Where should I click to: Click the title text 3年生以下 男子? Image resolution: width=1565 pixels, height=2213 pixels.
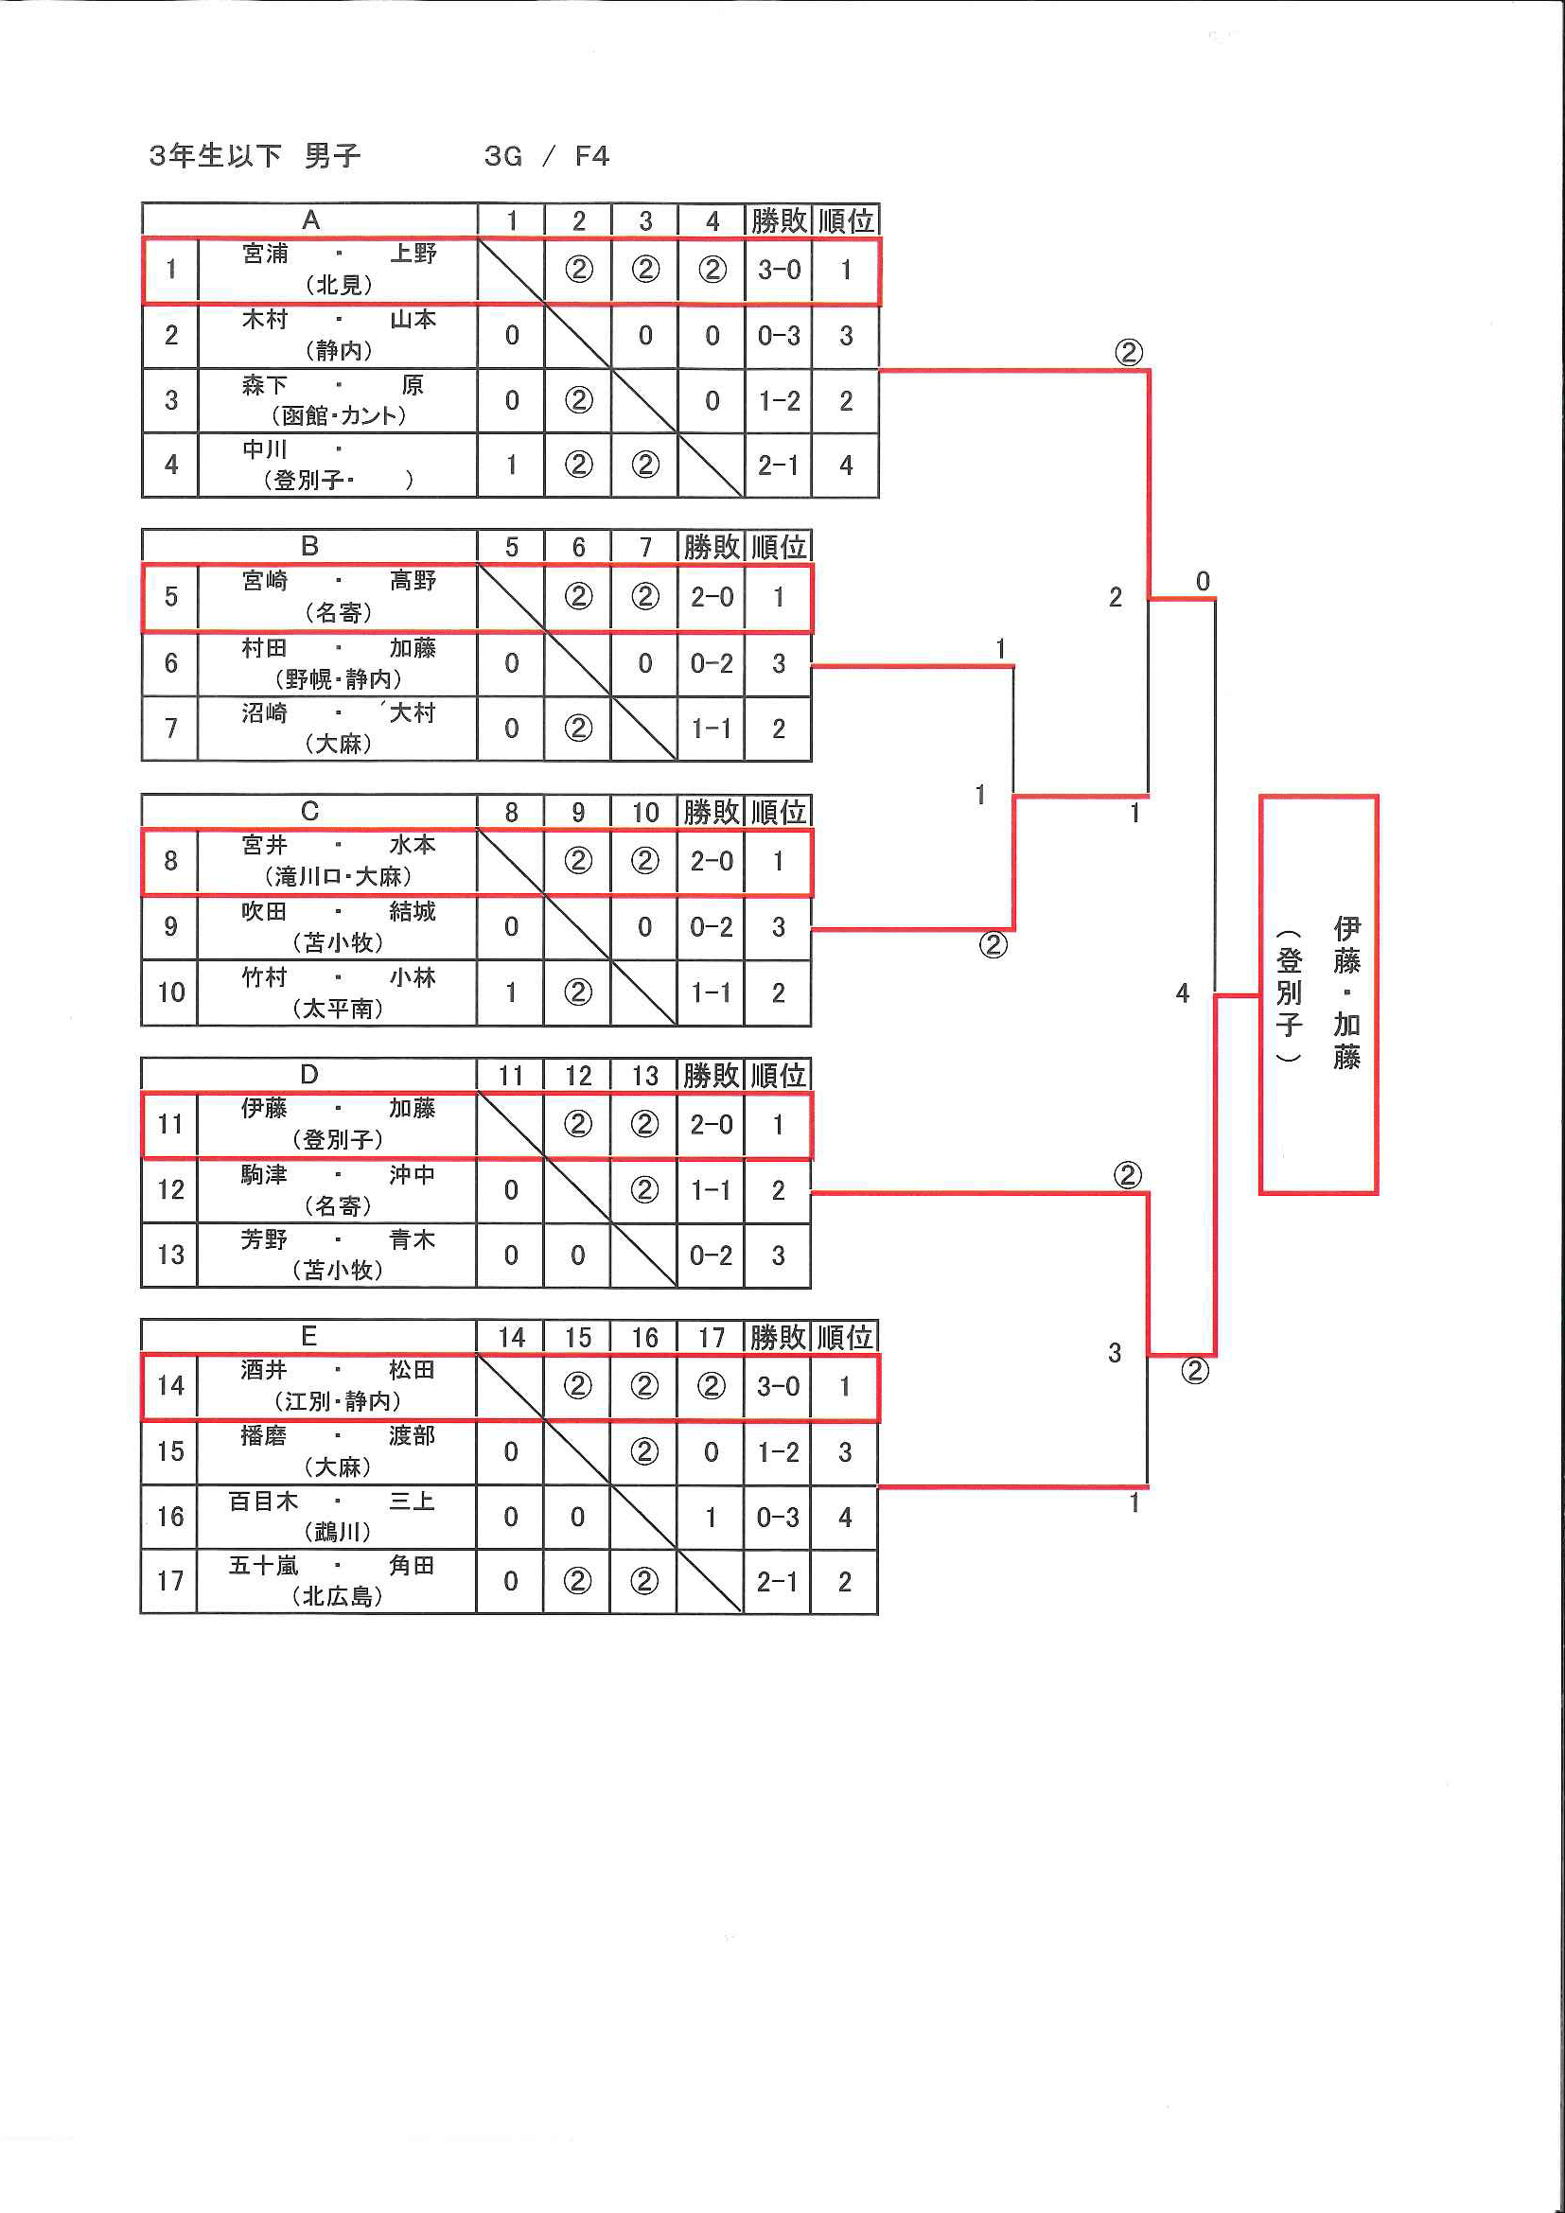coord(255,156)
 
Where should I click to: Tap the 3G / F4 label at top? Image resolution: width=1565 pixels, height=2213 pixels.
coord(546,156)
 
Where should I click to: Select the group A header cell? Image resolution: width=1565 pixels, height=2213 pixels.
coord(309,220)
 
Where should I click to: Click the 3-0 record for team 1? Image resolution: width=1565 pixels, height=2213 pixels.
coord(779,270)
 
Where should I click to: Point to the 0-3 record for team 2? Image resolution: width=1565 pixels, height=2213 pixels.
coord(779,336)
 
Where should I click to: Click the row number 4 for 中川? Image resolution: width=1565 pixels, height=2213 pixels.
coord(170,465)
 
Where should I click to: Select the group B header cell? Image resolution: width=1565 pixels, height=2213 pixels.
coord(309,547)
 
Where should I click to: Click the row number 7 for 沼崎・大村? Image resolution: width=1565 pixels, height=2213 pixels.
coord(170,729)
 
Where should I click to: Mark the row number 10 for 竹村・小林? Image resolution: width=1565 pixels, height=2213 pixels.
coord(170,992)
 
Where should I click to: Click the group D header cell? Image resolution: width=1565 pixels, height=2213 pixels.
coord(309,1075)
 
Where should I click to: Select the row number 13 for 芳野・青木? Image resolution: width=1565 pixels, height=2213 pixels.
coord(170,1255)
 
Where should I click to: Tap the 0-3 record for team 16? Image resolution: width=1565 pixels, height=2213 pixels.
coord(777,1517)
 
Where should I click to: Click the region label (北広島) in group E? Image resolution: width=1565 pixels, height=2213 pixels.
coord(338,1597)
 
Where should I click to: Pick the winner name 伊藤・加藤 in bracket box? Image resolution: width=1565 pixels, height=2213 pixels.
coord(1346,992)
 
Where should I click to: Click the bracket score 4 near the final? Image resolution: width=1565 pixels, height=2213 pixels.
coord(1183,992)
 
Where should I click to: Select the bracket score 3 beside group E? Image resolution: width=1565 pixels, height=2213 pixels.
coord(1115,1353)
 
